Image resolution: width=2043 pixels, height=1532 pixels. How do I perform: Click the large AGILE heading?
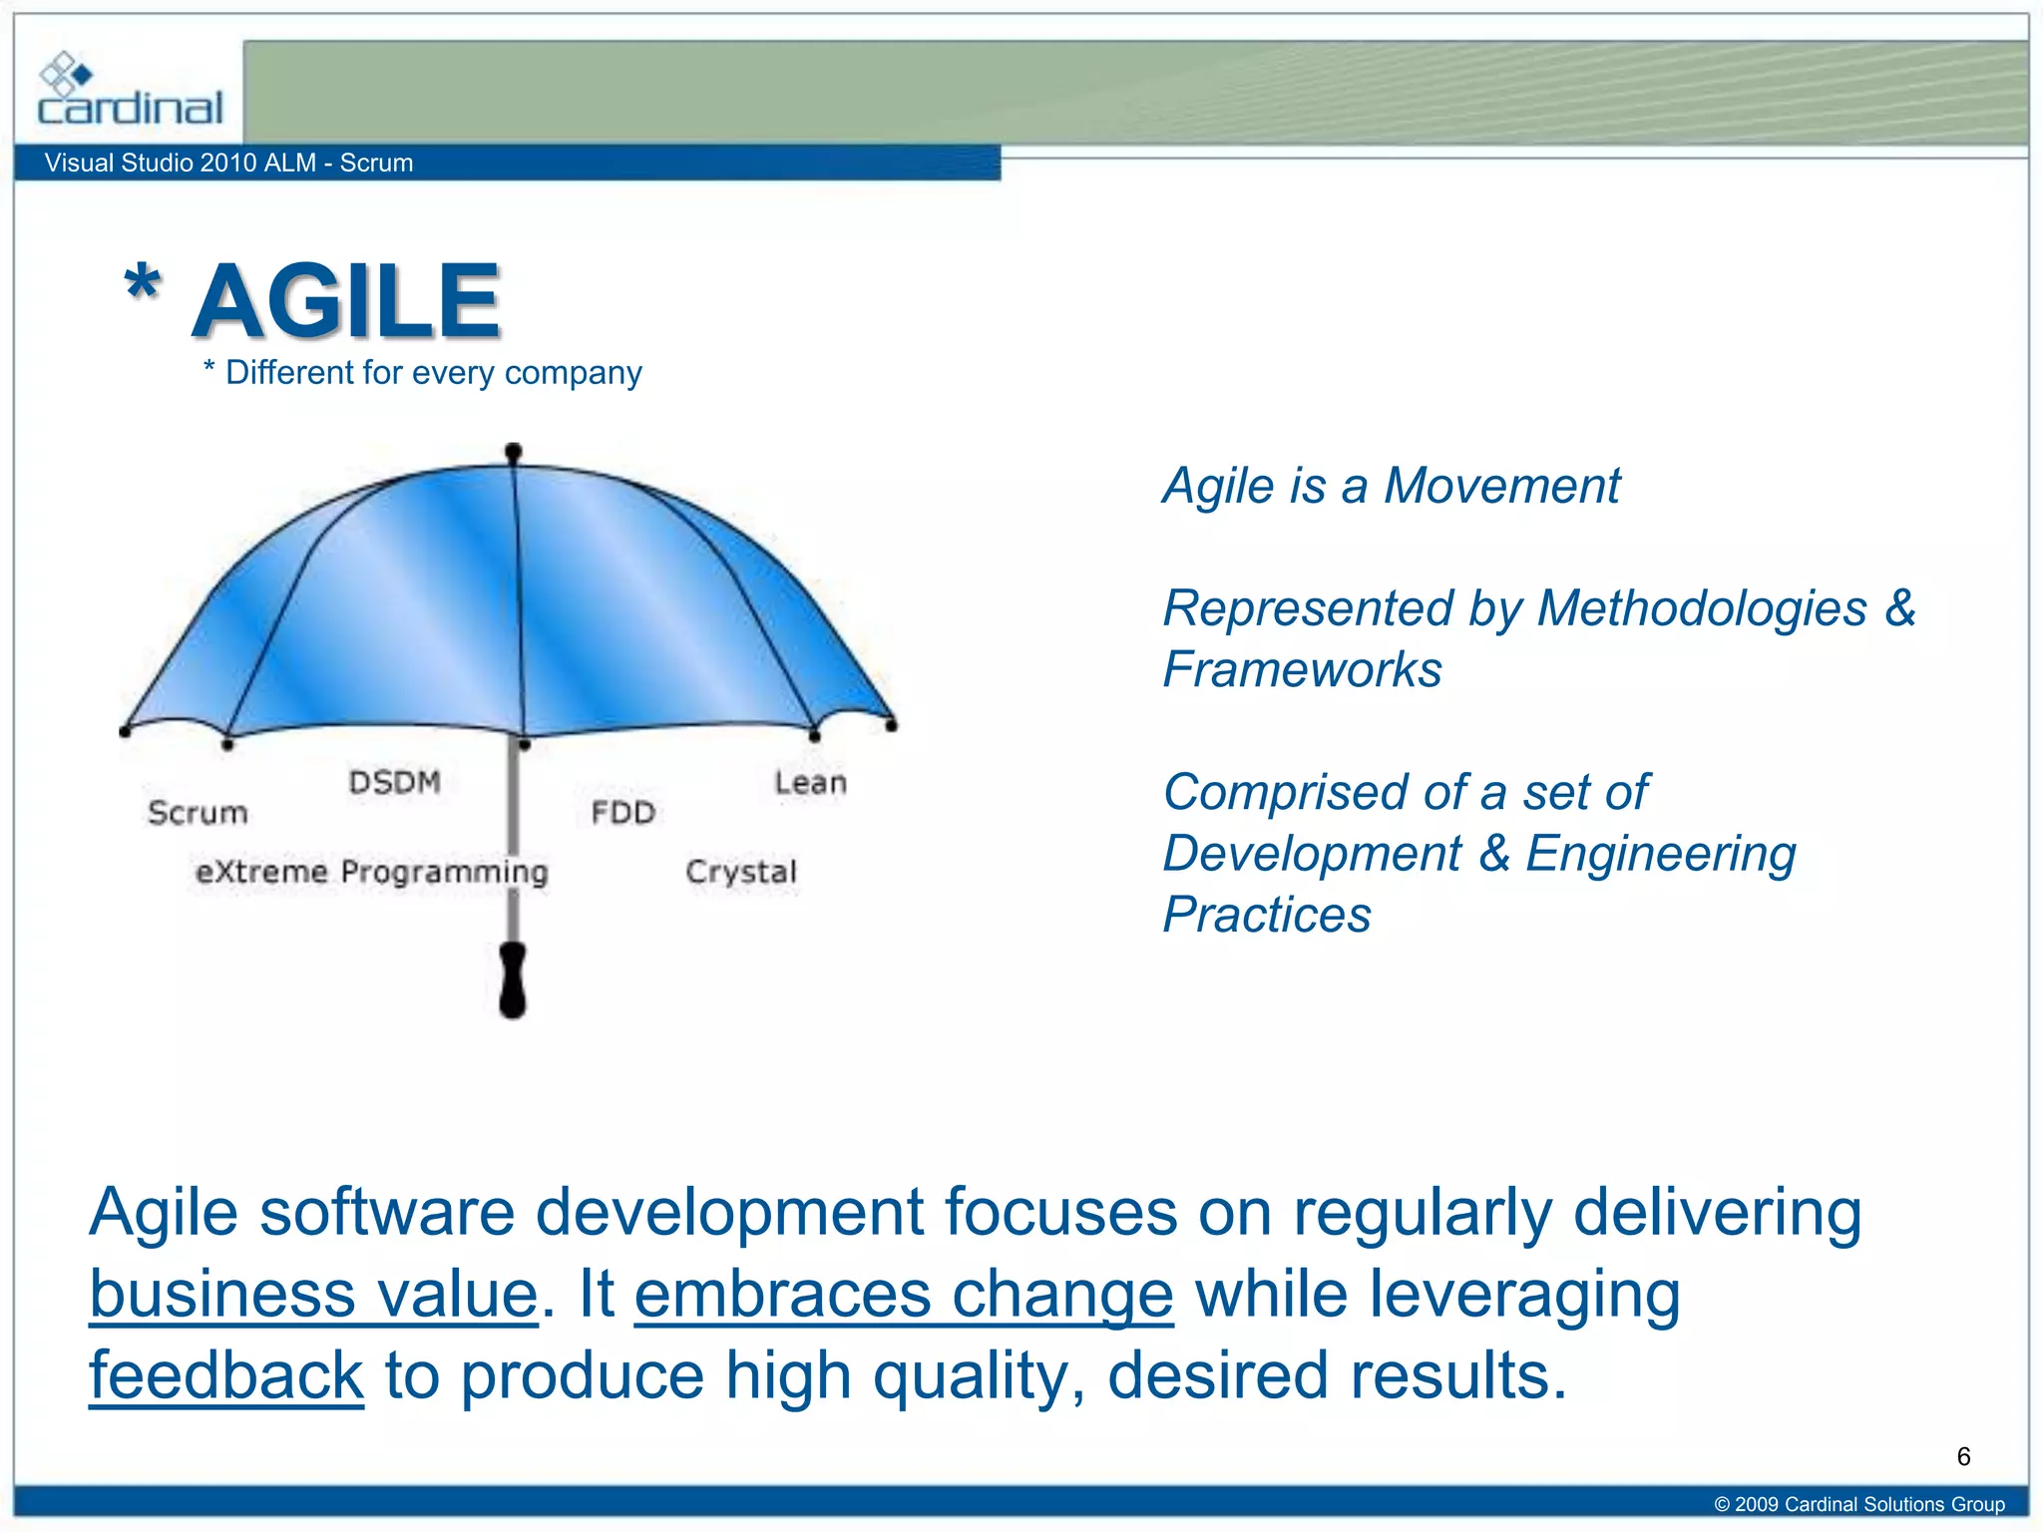tap(346, 300)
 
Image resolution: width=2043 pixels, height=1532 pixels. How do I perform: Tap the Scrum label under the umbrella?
tap(198, 813)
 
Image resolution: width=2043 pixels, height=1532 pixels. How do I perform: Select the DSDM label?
tap(395, 782)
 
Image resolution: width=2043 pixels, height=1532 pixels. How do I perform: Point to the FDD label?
tap(622, 813)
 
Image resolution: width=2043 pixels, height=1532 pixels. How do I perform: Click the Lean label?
tap(810, 783)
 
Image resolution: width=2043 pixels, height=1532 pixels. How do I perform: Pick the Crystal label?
tap(741, 872)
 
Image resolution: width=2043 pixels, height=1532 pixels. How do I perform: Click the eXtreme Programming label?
tap(372, 872)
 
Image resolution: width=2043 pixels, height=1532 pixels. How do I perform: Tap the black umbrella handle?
tap(513, 979)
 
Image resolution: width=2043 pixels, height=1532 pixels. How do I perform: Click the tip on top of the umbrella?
tap(514, 453)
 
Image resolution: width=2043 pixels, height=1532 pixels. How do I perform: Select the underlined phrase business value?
tap(314, 1295)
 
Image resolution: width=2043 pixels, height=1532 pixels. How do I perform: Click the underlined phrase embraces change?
tap(904, 1295)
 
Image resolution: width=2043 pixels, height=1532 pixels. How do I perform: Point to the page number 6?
tap(1963, 1457)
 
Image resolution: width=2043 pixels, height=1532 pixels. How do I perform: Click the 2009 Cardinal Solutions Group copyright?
tap(1859, 1504)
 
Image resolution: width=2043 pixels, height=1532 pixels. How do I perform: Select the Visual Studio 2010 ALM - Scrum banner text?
tap(228, 163)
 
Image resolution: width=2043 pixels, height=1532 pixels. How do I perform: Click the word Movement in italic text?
tap(1501, 487)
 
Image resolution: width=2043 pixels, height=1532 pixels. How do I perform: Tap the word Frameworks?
tap(1302, 669)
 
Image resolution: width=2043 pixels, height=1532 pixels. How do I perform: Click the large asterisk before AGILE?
tap(143, 285)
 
